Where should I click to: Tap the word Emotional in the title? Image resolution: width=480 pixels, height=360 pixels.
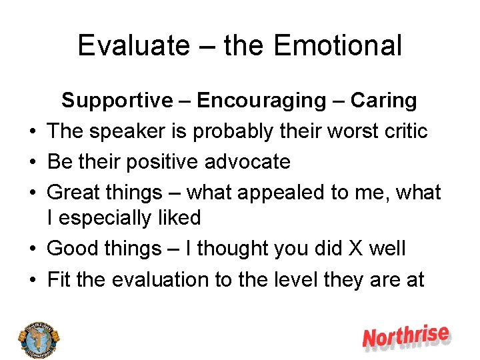pos(337,46)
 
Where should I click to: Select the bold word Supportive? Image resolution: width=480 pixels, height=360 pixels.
pos(117,101)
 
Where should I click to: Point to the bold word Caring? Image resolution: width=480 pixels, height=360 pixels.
pos(383,101)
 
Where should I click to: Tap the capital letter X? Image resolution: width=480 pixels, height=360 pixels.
pos(353,249)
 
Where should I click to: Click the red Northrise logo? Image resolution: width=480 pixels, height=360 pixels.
pos(406,337)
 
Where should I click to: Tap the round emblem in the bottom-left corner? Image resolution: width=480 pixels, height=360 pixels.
pos(39,337)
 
